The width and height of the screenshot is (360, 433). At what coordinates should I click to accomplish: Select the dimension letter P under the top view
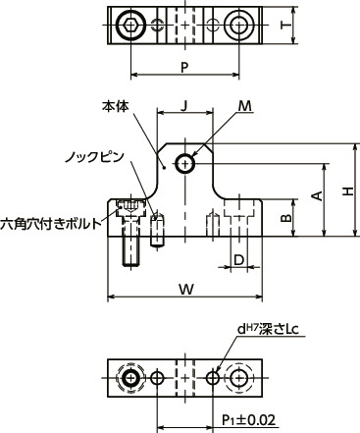click(183, 67)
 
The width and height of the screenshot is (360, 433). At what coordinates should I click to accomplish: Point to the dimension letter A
click(317, 196)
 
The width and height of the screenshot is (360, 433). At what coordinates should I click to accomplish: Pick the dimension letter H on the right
click(346, 192)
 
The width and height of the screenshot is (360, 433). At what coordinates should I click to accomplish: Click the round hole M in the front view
click(185, 164)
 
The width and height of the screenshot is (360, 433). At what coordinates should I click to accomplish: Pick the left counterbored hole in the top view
click(132, 25)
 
